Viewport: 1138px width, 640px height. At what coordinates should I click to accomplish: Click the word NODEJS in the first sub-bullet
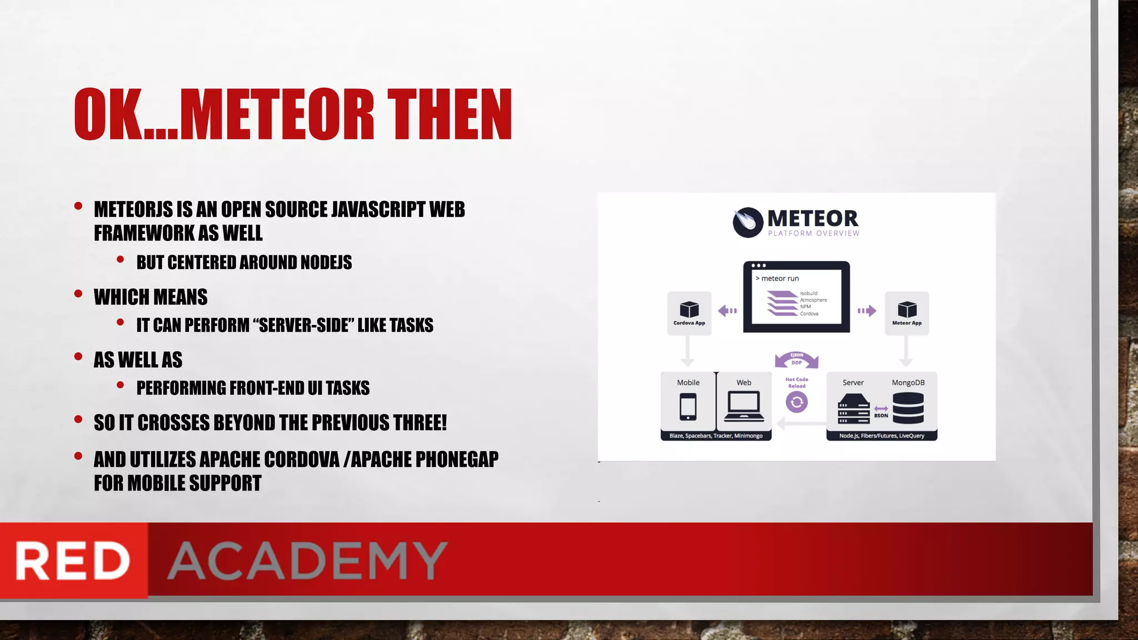[326, 262]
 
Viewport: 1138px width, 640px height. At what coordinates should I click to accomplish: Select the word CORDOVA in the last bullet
[301, 459]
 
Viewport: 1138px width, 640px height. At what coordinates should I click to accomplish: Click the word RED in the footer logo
[72, 561]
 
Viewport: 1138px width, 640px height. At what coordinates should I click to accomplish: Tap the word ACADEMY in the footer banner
[307, 561]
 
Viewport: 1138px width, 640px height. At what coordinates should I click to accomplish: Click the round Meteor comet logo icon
[747, 222]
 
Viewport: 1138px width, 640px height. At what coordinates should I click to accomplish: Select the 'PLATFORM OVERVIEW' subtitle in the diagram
[813, 234]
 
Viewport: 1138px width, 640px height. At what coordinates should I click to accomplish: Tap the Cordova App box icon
[689, 309]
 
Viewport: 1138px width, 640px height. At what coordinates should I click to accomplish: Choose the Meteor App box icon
[907, 309]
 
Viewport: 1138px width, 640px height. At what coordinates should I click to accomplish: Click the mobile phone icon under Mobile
[688, 407]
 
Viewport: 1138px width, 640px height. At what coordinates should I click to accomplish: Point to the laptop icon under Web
[744, 407]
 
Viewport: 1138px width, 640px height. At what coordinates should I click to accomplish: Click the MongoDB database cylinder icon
[908, 408]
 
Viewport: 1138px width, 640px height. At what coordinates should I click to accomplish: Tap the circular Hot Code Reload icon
[797, 402]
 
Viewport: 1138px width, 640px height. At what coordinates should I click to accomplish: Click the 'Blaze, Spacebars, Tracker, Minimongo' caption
[716, 436]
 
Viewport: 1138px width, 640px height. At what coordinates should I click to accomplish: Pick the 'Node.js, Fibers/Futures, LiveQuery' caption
[882, 436]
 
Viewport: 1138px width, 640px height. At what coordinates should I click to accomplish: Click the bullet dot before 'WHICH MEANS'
[78, 293]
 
